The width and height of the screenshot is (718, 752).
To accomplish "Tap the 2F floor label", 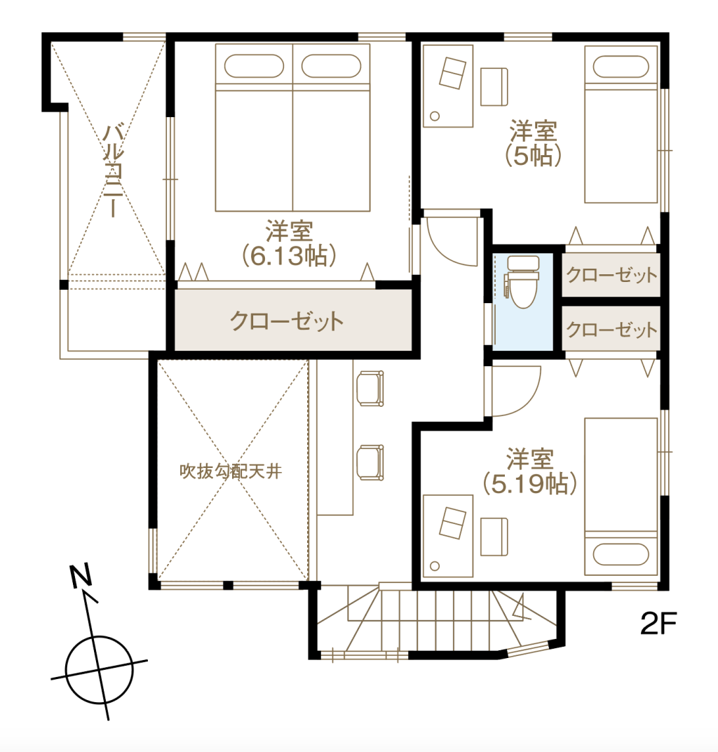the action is (658, 624).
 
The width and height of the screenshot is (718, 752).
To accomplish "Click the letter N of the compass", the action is (81, 576).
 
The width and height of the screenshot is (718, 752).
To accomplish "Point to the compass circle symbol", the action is (100, 669).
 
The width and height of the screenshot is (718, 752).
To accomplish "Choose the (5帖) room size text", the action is (532, 155).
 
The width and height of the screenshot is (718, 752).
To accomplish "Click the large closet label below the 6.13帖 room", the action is (287, 321).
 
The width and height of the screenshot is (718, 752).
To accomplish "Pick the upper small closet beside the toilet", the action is (611, 275).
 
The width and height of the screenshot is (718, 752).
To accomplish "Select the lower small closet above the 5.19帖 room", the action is (611, 330).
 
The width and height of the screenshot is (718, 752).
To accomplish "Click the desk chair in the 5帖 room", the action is (494, 87).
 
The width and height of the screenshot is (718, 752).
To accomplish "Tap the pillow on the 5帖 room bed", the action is (621, 67).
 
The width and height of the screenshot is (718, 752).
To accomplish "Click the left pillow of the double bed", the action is (254, 66).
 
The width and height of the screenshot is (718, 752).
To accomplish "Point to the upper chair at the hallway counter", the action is (370, 389).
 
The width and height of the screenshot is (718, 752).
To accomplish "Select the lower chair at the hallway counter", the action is (370, 462).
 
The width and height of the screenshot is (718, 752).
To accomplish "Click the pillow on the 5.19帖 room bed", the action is (621, 554).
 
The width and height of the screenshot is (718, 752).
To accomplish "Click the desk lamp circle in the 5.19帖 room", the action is (435, 566).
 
